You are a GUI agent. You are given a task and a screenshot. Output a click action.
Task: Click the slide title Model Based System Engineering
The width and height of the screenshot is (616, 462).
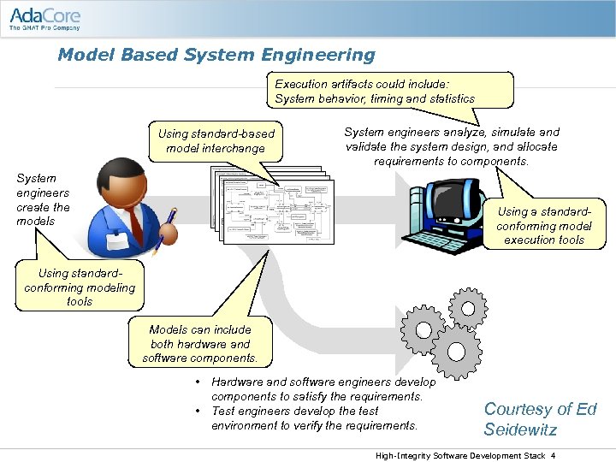(x=216, y=56)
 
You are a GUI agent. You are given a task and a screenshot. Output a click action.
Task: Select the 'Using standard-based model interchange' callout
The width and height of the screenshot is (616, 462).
(x=216, y=141)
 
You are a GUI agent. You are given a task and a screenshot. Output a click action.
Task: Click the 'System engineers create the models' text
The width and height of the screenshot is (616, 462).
(x=43, y=199)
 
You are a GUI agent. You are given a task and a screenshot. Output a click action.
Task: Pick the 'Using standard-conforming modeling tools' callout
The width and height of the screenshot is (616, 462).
(x=80, y=287)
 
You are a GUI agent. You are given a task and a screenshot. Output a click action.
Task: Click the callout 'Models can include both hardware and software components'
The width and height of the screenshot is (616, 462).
(x=199, y=344)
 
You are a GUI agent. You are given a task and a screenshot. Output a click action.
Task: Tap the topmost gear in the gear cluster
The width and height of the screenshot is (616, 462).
(x=468, y=305)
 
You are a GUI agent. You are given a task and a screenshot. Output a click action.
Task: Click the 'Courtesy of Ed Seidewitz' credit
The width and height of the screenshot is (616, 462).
(x=540, y=419)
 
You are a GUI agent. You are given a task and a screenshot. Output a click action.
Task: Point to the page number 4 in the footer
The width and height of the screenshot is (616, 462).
(x=554, y=455)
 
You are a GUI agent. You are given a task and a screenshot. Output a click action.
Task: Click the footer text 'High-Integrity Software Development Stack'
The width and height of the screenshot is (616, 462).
(x=460, y=455)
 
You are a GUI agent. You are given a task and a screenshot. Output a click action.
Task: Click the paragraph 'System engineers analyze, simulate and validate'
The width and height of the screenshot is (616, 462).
(x=451, y=146)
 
